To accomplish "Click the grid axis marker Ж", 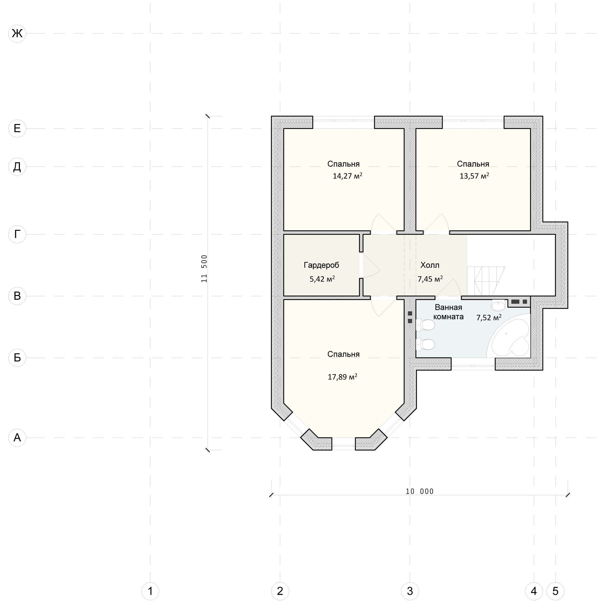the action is (x=17, y=33).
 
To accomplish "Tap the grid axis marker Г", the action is (x=17, y=234).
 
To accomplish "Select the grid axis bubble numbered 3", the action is (x=410, y=591).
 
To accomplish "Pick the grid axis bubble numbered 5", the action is (x=555, y=591).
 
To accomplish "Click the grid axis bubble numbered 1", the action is (x=150, y=591).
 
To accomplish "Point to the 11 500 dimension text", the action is (x=204, y=269).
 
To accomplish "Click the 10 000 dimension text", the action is (x=420, y=491).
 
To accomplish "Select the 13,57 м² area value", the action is (x=474, y=176).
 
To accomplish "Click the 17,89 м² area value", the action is (x=342, y=377).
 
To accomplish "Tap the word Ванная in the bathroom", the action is (x=448, y=307).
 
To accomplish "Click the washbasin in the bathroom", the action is (x=498, y=305).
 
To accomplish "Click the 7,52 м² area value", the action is (x=489, y=318).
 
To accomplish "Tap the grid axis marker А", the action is (x=17, y=438).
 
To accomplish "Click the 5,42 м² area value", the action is (x=322, y=279).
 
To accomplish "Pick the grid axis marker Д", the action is (x=17, y=167).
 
